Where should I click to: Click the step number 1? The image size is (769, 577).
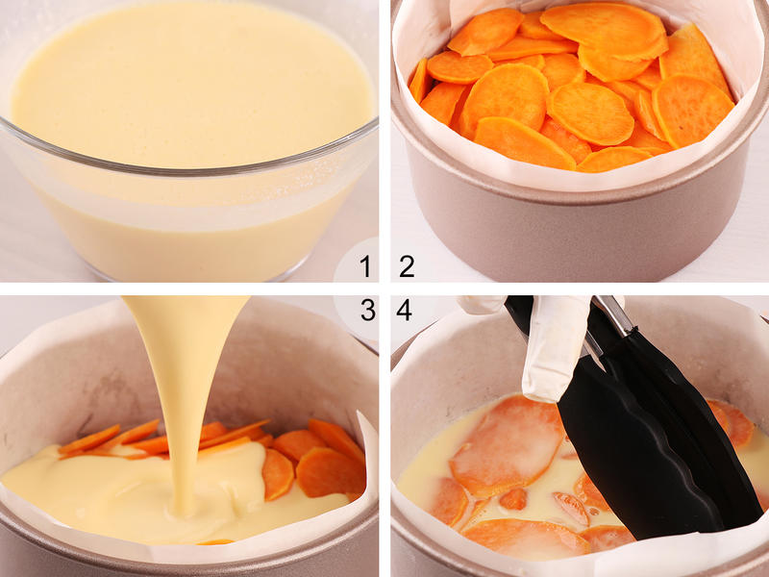pyautogui.click(x=365, y=266)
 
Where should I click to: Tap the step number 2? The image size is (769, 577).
pyautogui.click(x=407, y=266)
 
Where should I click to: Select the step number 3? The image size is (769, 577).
pyautogui.click(x=368, y=310)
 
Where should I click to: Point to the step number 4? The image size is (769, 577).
pyautogui.click(x=404, y=310)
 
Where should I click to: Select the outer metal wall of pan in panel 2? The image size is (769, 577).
pyautogui.click(x=579, y=231)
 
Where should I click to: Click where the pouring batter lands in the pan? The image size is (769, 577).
pyautogui.click(x=184, y=511)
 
